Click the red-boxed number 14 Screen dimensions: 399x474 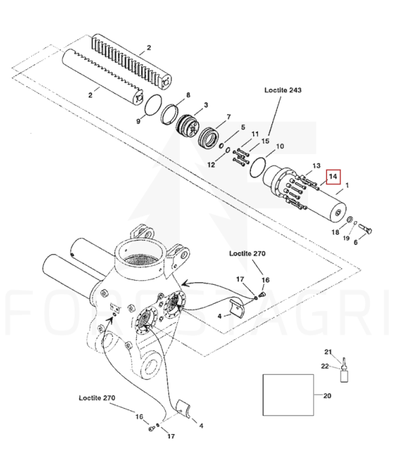tap(332, 176)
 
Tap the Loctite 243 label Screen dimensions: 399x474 tap(283, 90)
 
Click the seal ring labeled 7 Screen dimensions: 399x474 tap(209, 137)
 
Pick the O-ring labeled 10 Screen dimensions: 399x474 tap(258, 167)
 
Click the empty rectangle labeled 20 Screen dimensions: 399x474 tap(288, 395)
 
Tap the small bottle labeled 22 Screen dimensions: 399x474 tap(344, 375)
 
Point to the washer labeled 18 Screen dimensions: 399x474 tap(349, 219)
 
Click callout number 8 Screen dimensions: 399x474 tap(188, 95)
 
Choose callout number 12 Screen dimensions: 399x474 tap(211, 165)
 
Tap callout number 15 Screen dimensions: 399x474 tap(265, 141)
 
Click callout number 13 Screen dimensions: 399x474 tap(316, 165)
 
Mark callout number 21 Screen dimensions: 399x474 tap(328, 352)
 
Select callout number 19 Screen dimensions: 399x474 tap(346, 238)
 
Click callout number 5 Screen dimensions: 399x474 tap(243, 127)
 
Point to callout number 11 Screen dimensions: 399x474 tap(255, 134)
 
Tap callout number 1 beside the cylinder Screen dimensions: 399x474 tap(347, 185)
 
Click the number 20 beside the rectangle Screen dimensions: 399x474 tap(327, 395)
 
